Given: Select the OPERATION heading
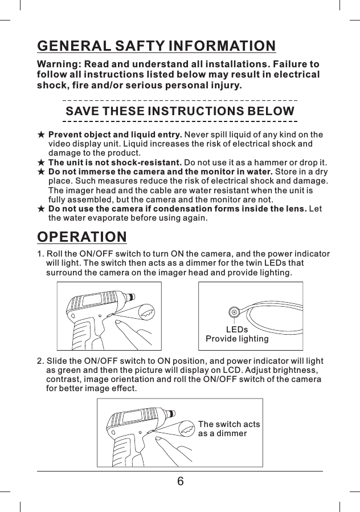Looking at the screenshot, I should [x=82, y=236].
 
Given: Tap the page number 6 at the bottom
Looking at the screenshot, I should [x=180, y=482].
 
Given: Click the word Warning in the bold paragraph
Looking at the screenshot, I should [x=59, y=64].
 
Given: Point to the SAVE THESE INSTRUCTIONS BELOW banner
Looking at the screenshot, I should [x=180, y=111].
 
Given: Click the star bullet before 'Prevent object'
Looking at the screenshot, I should [x=41, y=135].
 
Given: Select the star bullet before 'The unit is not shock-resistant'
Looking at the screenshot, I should [x=41, y=163].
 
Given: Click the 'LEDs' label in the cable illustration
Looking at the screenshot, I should [x=237, y=330].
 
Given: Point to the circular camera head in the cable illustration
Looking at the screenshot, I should [x=233, y=312].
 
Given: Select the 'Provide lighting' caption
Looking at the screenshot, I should [x=237, y=339].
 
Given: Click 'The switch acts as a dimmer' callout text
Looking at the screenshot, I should [x=228, y=429].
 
